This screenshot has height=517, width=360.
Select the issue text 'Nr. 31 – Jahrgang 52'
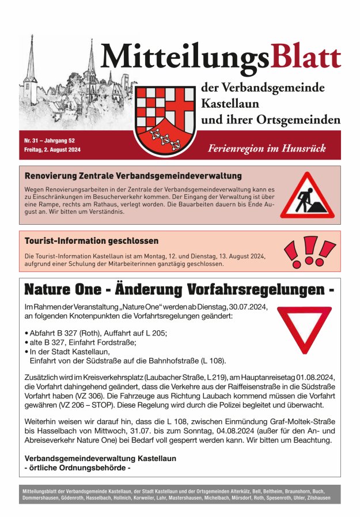[50, 141]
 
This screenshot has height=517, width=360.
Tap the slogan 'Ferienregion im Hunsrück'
[267, 148]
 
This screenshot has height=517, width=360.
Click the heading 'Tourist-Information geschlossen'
[91, 240]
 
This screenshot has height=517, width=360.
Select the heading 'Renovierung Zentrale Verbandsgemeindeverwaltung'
[133, 175]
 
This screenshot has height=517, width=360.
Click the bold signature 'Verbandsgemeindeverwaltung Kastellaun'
[100, 458]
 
